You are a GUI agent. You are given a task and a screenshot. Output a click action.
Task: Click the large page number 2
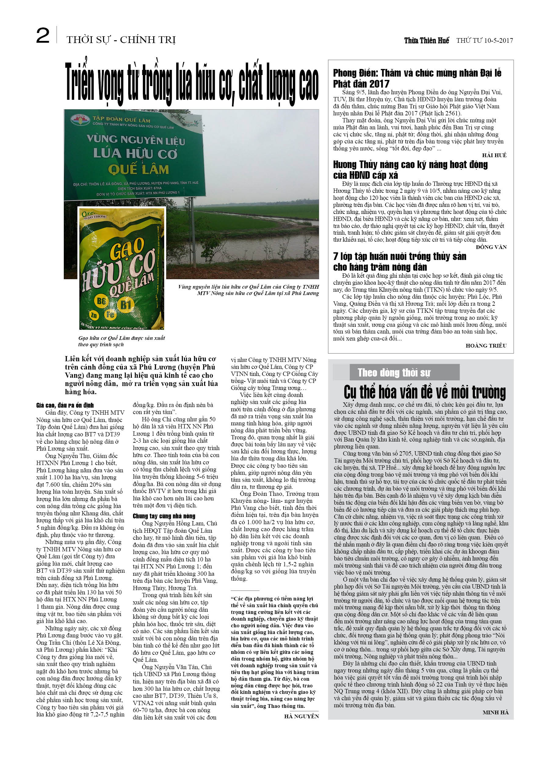point(43,36)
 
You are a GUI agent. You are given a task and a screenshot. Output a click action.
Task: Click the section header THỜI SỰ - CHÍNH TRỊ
point(121,40)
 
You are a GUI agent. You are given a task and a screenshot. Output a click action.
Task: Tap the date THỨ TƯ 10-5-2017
point(485,40)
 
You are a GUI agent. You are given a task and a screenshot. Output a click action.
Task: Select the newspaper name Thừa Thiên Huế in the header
point(426,40)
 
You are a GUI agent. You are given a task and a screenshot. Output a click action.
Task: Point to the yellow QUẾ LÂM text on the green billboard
point(138,170)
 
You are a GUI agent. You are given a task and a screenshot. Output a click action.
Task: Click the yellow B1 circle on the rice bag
point(126,305)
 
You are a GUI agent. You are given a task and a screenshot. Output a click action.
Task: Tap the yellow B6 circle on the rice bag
point(101,301)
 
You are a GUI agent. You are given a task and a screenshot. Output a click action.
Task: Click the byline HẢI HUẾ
point(494,155)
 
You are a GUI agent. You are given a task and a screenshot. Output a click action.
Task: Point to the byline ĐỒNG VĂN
point(491,247)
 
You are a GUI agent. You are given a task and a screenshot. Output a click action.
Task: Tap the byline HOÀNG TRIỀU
point(486,345)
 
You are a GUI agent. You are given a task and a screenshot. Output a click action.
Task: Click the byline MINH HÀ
point(496,712)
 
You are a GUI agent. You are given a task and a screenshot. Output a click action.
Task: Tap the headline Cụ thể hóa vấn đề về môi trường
point(425,392)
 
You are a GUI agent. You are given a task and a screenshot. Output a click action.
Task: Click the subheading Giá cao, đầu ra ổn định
point(65,405)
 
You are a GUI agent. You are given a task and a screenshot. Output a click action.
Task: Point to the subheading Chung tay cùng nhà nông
point(164,516)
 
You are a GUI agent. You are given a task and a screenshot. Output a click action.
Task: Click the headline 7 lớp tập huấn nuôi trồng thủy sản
point(400,262)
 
